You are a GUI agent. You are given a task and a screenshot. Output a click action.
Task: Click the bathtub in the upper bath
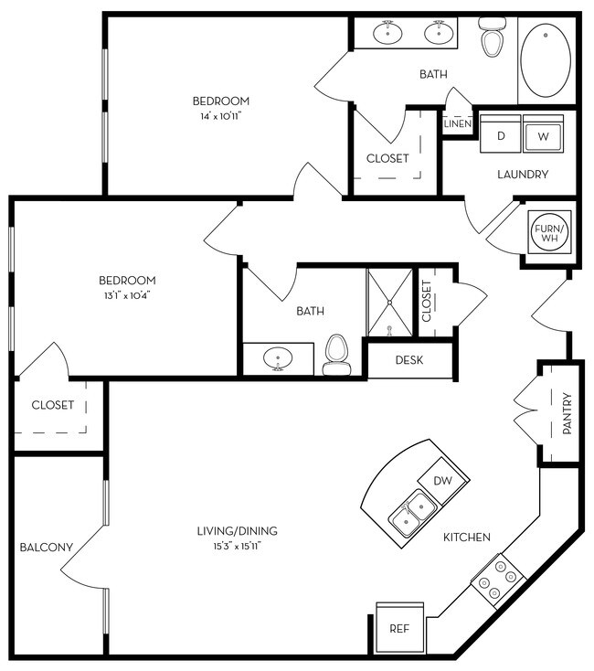[546, 60]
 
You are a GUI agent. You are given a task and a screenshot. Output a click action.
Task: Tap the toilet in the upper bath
[493, 38]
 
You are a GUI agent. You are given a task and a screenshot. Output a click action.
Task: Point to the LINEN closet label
[457, 123]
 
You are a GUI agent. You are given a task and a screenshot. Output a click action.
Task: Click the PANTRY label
[567, 413]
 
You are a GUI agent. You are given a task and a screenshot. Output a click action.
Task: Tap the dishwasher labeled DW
[442, 481]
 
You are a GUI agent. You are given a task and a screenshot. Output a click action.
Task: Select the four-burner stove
[498, 579]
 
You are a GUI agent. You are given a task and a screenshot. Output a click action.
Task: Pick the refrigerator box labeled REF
[398, 629]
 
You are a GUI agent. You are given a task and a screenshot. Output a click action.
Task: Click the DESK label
[408, 359]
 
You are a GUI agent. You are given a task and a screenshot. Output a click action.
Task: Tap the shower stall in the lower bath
[390, 302]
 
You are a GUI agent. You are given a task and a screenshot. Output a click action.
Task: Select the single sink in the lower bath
[277, 359]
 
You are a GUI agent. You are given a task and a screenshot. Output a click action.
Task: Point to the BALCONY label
[46, 548]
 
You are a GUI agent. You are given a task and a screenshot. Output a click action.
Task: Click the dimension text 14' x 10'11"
[220, 116]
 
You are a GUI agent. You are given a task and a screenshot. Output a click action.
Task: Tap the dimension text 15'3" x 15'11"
[237, 547]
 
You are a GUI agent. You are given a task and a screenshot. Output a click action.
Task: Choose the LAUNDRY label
[522, 174]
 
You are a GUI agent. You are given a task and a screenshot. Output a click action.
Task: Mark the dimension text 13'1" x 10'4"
[128, 295]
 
